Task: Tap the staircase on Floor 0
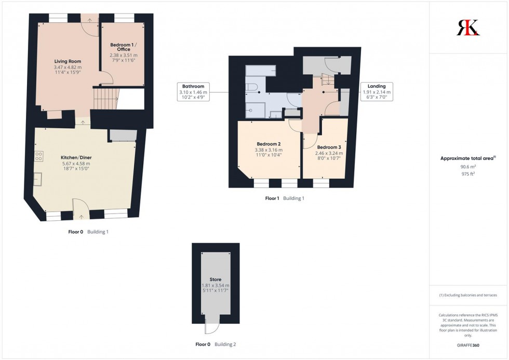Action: point(106,99)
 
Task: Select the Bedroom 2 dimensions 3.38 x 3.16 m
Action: point(269,150)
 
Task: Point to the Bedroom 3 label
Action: point(329,147)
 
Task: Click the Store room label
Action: point(215,279)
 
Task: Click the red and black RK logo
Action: point(468,27)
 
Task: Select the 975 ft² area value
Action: point(468,174)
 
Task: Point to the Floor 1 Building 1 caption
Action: point(285,198)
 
